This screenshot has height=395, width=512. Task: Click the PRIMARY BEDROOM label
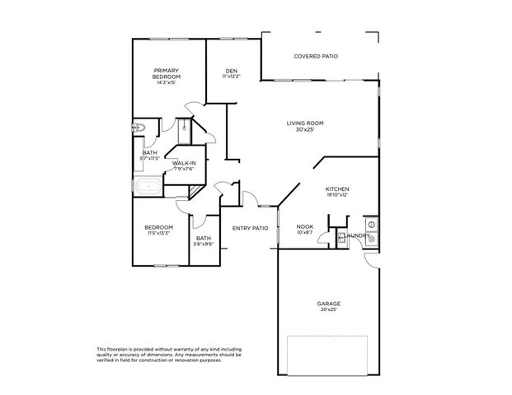click(167, 73)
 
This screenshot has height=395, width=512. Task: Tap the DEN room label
click(232, 71)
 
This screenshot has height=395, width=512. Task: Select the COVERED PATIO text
click(316, 56)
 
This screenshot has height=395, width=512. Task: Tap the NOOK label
click(305, 226)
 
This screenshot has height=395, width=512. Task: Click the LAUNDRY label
click(357, 235)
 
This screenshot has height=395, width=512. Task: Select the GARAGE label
click(329, 303)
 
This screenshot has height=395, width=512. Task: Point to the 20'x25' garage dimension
click(329, 309)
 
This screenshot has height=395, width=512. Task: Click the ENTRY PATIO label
click(250, 228)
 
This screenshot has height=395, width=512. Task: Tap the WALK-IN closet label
click(184, 163)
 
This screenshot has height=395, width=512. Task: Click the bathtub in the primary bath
click(150, 187)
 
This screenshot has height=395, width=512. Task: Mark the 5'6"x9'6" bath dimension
click(204, 244)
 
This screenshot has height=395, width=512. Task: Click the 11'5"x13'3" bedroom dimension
click(159, 234)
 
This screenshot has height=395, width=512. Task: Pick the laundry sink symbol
click(371, 238)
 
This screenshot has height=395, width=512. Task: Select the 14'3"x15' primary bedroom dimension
click(167, 82)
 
